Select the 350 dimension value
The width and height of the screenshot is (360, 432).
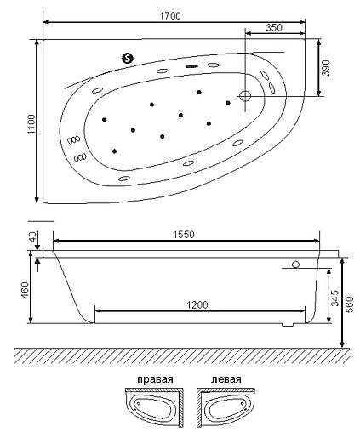[274, 27]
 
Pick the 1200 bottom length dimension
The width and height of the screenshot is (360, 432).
[198, 304]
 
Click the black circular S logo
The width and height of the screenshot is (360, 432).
[129, 58]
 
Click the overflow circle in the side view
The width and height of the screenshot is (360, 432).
[295, 264]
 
